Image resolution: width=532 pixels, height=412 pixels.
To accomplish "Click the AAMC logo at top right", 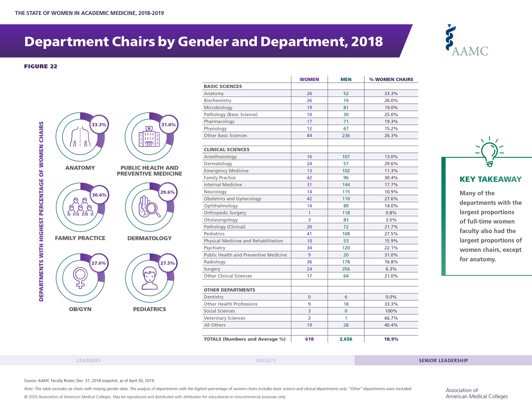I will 467,41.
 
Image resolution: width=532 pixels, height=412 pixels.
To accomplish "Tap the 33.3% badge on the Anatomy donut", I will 99,124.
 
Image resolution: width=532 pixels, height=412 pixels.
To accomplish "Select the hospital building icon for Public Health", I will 149,137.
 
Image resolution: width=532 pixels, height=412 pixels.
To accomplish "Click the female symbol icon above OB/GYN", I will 80,278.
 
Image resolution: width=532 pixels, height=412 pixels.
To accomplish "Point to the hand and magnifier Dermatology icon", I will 149,207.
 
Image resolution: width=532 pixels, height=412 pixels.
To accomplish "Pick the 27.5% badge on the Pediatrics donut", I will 168,263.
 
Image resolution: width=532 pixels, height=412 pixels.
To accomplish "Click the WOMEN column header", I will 309,80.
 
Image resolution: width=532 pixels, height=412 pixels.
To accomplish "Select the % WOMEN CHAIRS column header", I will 391,80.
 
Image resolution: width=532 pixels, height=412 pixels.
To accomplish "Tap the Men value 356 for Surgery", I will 346,269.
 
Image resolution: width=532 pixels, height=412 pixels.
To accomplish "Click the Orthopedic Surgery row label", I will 225,213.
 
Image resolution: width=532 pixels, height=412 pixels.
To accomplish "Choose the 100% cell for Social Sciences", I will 391,311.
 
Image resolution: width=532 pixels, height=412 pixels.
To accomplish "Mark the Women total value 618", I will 309,339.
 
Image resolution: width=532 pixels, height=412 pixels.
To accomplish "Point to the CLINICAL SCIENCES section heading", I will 226,150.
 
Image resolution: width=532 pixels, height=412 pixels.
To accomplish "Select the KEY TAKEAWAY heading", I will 490,179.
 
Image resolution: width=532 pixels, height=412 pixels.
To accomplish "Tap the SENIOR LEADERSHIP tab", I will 443,360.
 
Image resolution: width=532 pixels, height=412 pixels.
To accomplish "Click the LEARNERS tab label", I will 88,360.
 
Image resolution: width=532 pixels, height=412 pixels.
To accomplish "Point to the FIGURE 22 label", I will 40,66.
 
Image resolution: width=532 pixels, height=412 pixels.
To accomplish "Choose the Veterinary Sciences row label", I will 224,318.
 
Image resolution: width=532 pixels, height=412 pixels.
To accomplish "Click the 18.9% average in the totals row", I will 391,339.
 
